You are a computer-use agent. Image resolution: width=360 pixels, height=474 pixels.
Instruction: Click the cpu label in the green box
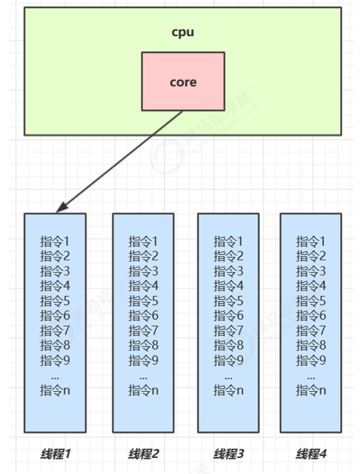tap(183, 32)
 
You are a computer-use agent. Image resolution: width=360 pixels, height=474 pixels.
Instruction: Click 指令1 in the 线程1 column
tap(55, 241)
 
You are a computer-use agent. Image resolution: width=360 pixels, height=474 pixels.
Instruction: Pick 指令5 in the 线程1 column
tap(55, 301)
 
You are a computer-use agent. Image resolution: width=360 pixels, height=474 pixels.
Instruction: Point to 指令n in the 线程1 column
tap(55, 390)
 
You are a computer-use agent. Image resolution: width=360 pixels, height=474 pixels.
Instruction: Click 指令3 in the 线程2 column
tap(143, 271)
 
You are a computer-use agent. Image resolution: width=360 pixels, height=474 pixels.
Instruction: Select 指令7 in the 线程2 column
tap(143, 331)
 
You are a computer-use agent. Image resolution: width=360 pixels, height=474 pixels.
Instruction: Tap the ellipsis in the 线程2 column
tap(143, 376)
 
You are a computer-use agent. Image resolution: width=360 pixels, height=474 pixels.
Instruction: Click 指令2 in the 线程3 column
tap(229, 256)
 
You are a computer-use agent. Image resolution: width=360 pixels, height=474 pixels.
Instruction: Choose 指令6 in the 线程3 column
tap(229, 316)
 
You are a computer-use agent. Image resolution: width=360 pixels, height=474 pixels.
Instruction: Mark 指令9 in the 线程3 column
tap(229, 360)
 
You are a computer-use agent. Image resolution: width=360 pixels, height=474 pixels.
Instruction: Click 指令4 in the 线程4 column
tap(311, 286)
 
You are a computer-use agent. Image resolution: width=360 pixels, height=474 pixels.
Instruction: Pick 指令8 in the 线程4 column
tap(311, 345)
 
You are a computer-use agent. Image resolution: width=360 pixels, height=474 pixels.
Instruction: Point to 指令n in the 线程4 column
tap(311, 390)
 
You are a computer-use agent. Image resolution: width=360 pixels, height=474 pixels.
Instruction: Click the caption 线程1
tap(55, 454)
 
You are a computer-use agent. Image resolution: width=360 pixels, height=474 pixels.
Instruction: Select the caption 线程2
tap(143, 454)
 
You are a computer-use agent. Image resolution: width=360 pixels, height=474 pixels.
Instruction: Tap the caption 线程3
tap(229, 454)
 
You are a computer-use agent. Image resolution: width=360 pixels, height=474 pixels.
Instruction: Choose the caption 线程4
tap(311, 454)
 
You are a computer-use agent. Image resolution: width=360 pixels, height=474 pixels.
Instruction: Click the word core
tap(183, 82)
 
